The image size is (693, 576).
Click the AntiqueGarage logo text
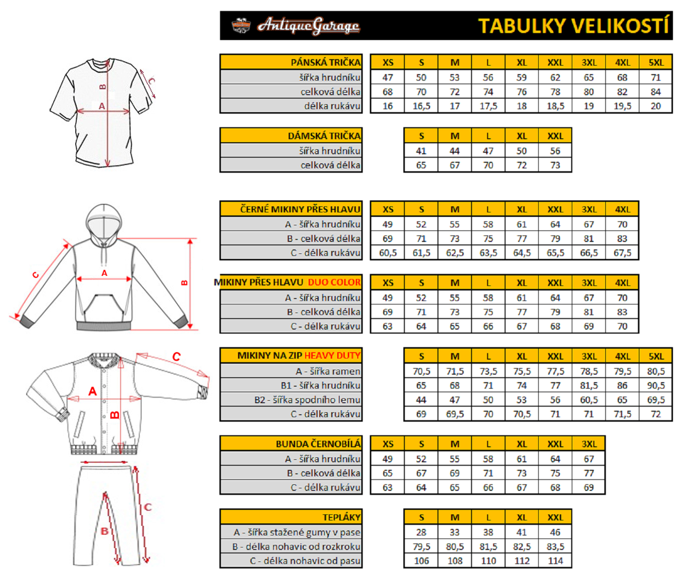pyautogui.click(x=308, y=26)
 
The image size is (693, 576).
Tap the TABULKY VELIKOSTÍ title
pyautogui.click(x=573, y=26)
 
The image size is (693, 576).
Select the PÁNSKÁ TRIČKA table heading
pyautogui.click(x=326, y=63)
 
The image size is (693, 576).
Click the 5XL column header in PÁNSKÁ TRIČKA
pyautogui.click(x=656, y=63)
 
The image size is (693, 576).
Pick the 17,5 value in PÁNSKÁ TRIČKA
pyautogui.click(x=488, y=106)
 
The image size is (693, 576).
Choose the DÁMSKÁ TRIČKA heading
pyautogui.click(x=324, y=136)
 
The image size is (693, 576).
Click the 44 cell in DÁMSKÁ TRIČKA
pyautogui.click(x=454, y=151)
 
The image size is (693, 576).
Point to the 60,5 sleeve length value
pyautogui.click(x=388, y=253)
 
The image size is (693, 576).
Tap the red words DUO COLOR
pyautogui.click(x=334, y=282)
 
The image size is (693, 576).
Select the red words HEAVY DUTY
pyautogui.click(x=332, y=356)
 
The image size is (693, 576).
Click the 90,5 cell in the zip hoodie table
pyautogui.click(x=656, y=386)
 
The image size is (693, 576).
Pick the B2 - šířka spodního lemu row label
pyautogui.click(x=307, y=400)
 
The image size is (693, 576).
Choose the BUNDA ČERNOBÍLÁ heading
pyautogui.click(x=318, y=444)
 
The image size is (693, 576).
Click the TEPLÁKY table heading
pyautogui.click(x=342, y=517)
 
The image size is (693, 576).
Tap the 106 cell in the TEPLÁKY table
pyautogui.click(x=421, y=561)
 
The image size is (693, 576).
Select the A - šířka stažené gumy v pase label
pyautogui.click(x=297, y=532)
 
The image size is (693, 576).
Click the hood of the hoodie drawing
pyautogui.click(x=104, y=222)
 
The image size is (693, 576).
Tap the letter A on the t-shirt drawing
pyautogui.click(x=102, y=106)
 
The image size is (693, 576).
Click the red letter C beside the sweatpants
pyautogui.click(x=148, y=507)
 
